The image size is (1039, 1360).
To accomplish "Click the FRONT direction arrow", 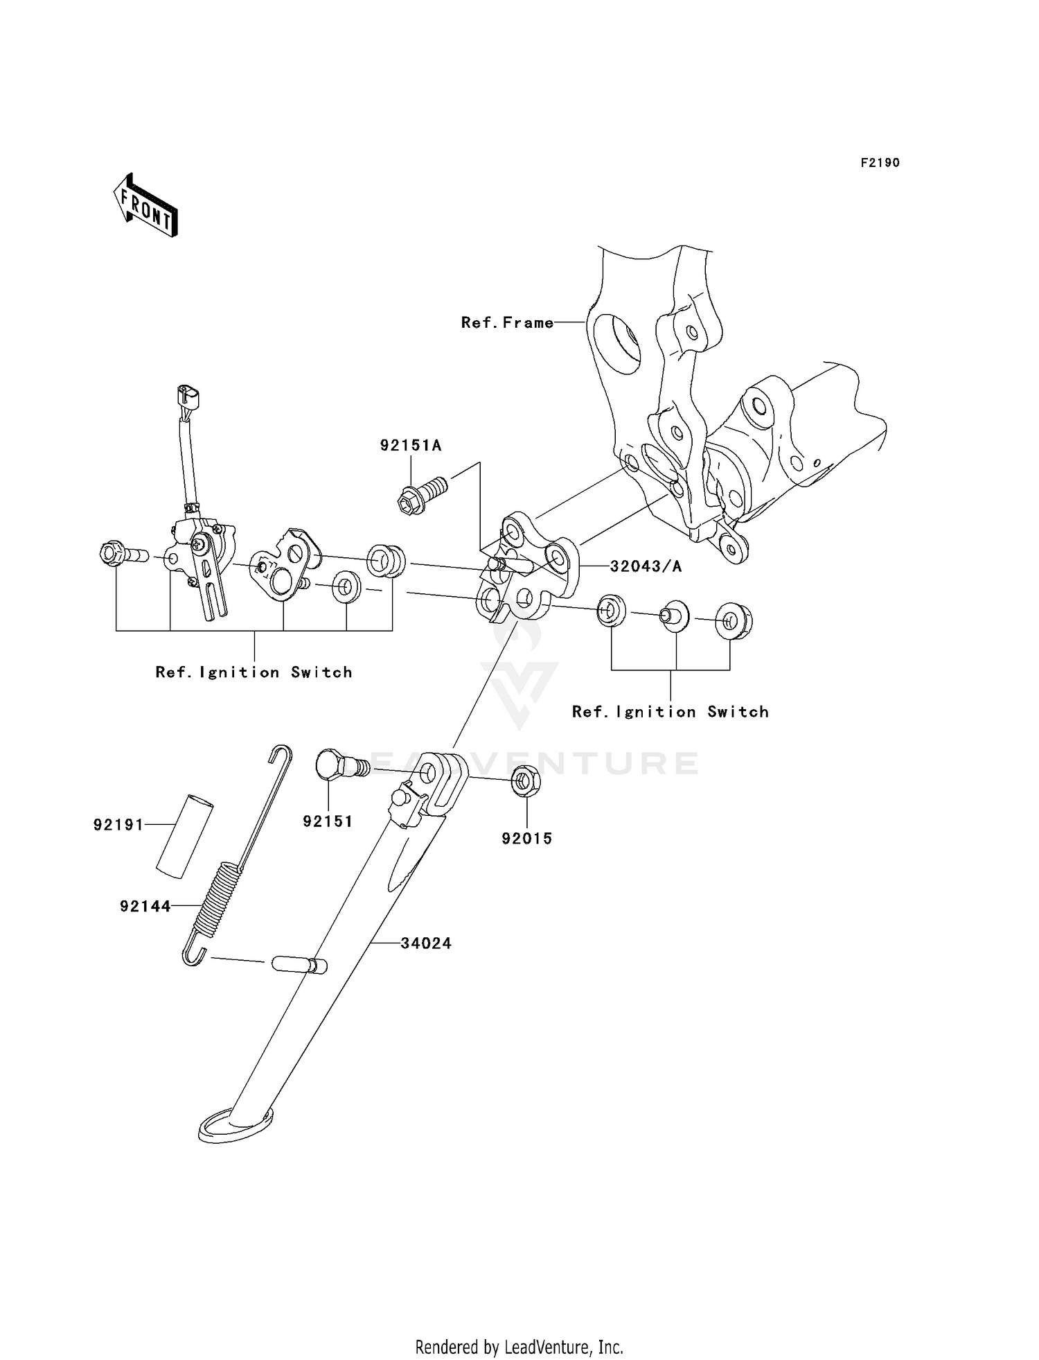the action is click(145, 205).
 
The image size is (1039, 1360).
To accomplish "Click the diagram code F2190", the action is click(880, 163).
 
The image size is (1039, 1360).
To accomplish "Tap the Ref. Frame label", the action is click(508, 322).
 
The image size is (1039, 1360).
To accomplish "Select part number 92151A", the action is click(410, 445).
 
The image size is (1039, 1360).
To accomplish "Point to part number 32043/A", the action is click(646, 566).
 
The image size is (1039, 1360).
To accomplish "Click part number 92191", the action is click(118, 825).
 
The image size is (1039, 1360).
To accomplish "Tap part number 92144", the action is click(145, 906).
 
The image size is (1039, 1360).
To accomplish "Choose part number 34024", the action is click(426, 943).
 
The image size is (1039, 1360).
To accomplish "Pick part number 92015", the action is click(527, 839).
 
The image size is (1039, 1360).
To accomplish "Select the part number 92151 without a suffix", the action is click(328, 821).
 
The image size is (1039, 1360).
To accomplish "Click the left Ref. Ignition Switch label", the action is click(254, 672).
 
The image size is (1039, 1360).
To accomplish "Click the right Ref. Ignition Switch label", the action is click(671, 712).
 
